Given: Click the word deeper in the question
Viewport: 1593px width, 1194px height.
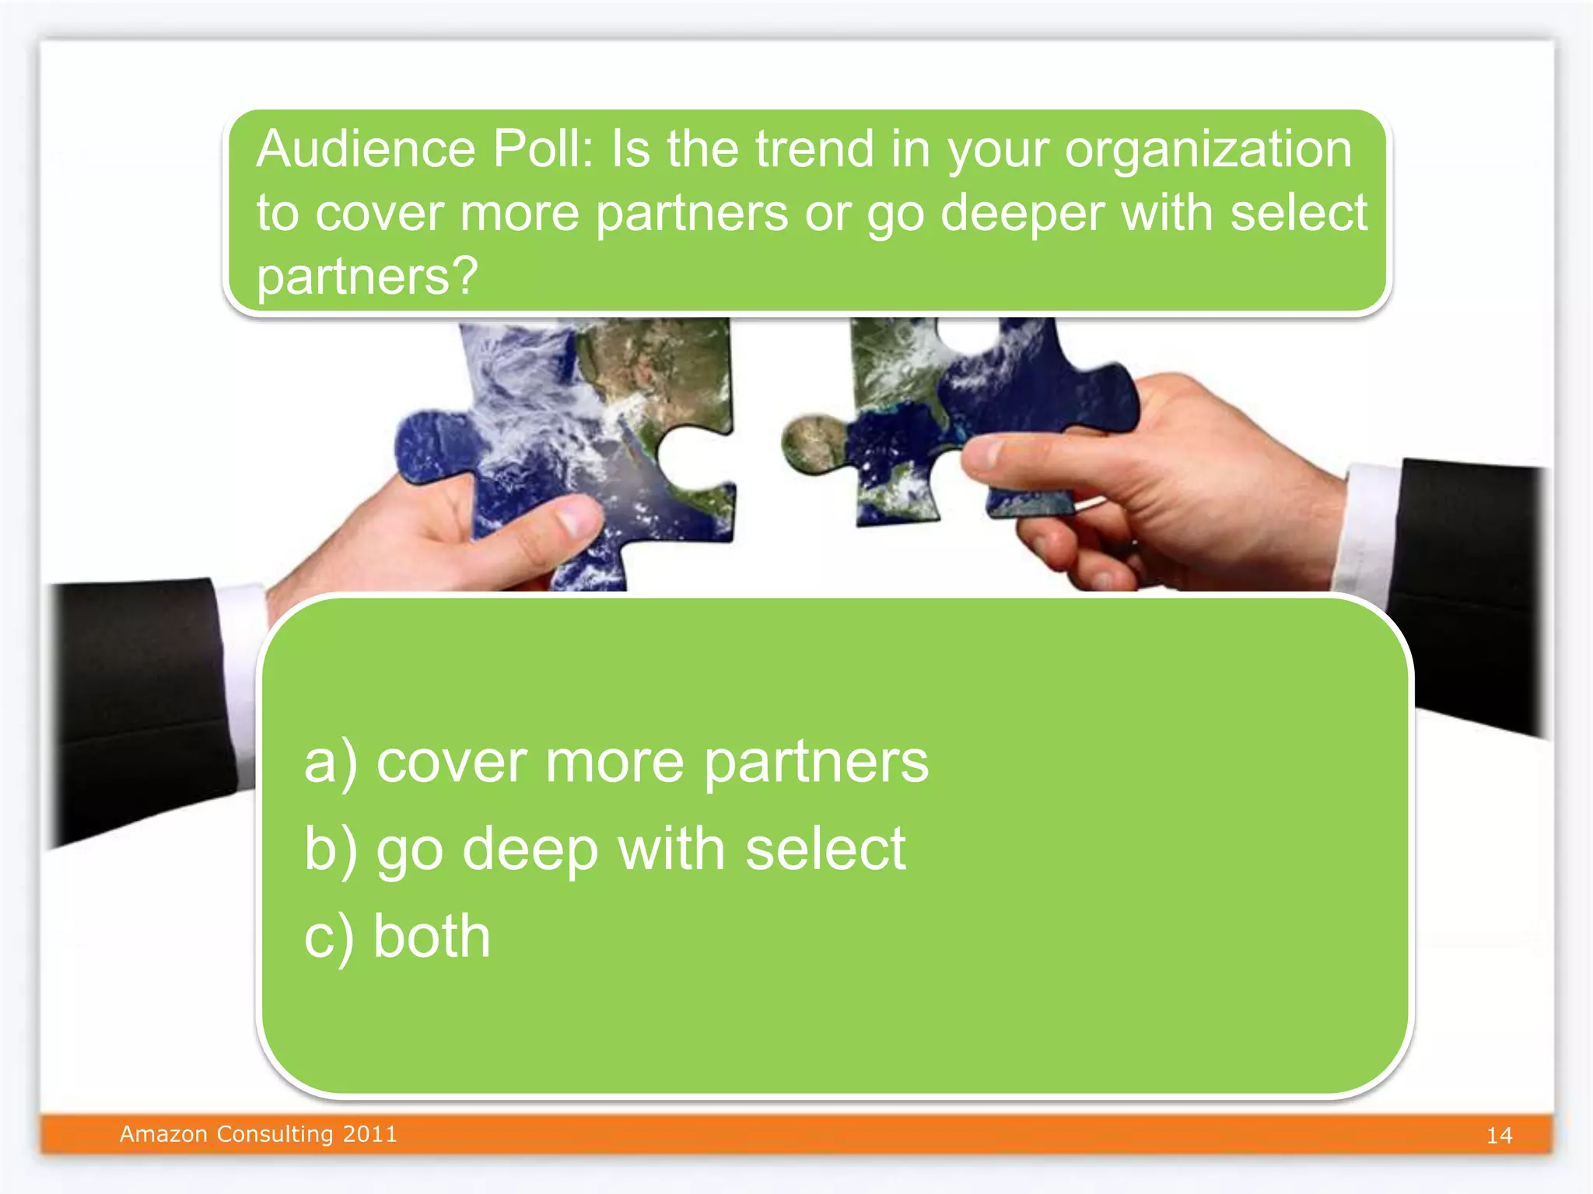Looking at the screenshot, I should click(1022, 214).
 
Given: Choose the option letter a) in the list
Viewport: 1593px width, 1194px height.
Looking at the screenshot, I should click(331, 763).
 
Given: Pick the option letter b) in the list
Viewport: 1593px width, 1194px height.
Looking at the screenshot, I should click(331, 850).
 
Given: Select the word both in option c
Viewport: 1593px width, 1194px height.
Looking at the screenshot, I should click(432, 936).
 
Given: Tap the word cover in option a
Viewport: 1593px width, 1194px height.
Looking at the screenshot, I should click(450, 763).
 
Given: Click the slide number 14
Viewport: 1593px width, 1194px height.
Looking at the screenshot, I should click(1499, 1136).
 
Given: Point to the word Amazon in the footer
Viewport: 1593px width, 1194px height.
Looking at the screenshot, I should click(163, 1134).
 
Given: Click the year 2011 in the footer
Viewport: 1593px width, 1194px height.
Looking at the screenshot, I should click(370, 1134).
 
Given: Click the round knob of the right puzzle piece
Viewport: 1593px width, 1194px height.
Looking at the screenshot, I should click(813, 444).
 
